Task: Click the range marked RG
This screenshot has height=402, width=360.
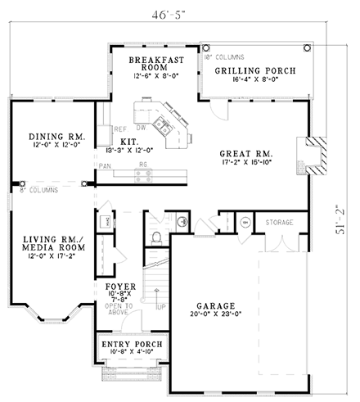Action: tap(143, 165)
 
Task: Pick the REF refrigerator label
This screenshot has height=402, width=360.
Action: tap(119, 128)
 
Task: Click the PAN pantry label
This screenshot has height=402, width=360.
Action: tap(106, 165)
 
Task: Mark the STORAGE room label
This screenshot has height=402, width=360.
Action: tap(279, 222)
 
